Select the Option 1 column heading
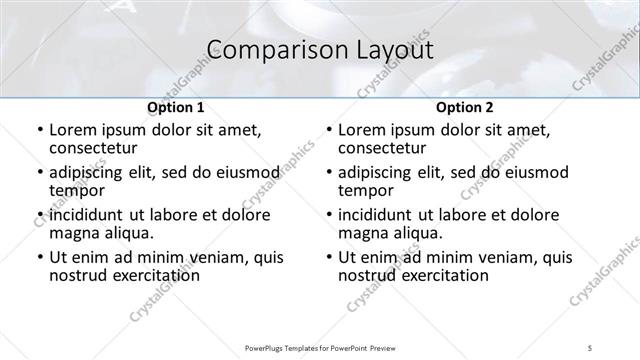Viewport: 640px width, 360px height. (x=175, y=108)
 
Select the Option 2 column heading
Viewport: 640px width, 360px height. (x=464, y=108)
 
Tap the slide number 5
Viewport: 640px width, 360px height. (x=591, y=347)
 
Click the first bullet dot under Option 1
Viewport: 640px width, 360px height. (x=39, y=131)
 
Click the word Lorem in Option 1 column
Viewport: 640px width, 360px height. (x=72, y=131)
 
